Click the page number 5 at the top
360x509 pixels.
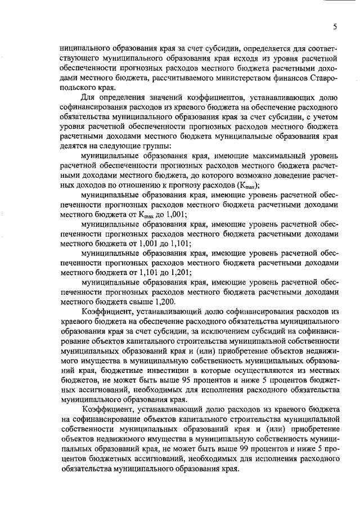(x=335, y=26)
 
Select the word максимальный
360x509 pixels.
(x=247, y=154)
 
